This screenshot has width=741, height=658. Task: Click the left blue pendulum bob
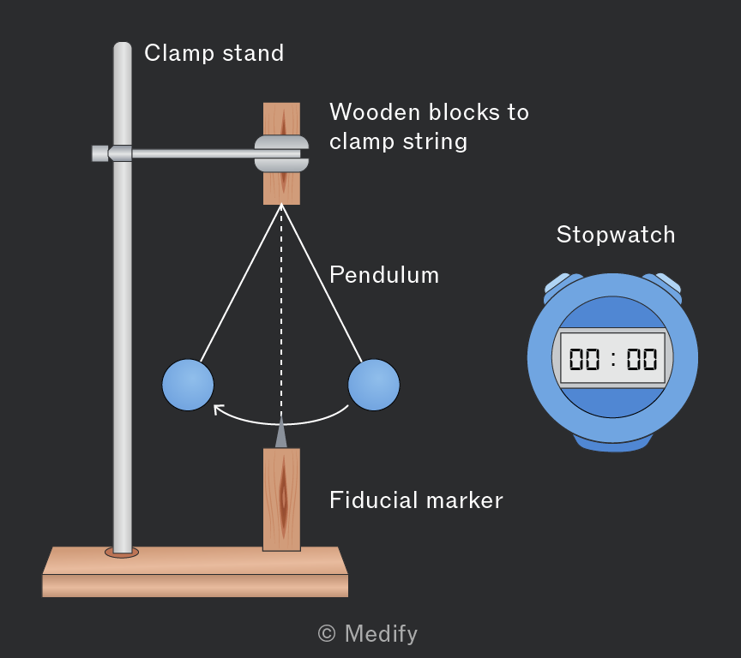(x=188, y=385)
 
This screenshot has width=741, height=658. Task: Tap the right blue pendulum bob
(x=374, y=385)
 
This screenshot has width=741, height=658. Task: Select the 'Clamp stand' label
(x=214, y=53)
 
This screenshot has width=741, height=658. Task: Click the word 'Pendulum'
(x=384, y=275)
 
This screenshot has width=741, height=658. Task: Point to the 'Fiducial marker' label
(x=416, y=499)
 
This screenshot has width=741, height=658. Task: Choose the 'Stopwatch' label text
(x=616, y=235)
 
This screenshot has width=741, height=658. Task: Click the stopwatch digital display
(x=612, y=358)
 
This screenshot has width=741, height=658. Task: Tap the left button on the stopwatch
(x=559, y=284)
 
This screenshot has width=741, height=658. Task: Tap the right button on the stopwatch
(x=666, y=284)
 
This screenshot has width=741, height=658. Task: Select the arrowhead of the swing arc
(x=219, y=410)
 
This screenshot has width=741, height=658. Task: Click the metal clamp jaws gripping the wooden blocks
(x=281, y=154)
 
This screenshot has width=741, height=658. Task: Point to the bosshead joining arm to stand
(x=112, y=153)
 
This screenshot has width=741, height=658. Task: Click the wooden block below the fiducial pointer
(x=281, y=499)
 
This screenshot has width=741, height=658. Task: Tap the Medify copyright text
(x=368, y=633)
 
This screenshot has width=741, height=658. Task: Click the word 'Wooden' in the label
(x=375, y=112)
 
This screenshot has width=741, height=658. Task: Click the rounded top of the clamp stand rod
(x=123, y=47)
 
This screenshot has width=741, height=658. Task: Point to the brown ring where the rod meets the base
(x=122, y=553)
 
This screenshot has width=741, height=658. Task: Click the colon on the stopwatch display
(x=613, y=359)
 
